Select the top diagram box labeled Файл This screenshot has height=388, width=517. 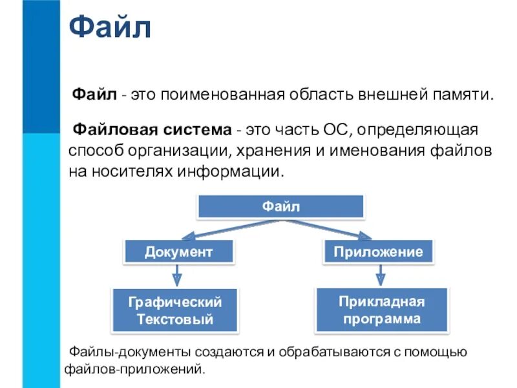pyautogui.click(x=280, y=206)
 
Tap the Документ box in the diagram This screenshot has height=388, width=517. pyautogui.click(x=178, y=252)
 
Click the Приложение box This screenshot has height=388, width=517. pyautogui.click(x=378, y=252)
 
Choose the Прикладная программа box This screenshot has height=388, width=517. pyautogui.click(x=382, y=310)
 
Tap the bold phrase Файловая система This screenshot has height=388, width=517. pyautogui.click(x=151, y=130)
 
